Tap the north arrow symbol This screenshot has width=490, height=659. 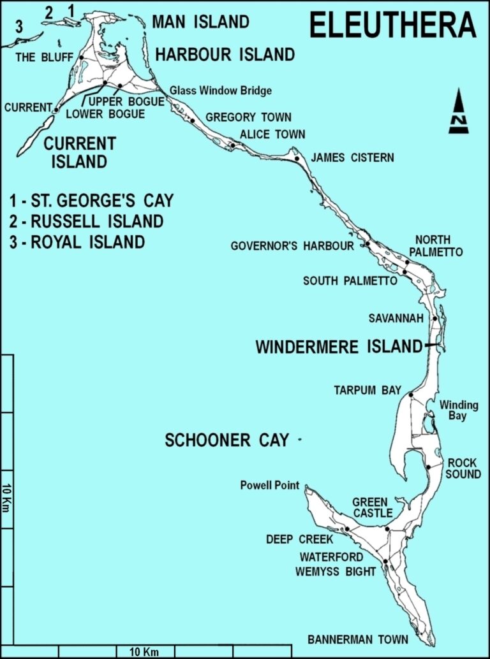(458, 112)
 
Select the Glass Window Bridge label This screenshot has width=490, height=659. (221, 91)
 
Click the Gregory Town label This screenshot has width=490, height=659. (248, 117)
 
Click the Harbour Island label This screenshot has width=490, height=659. (225, 55)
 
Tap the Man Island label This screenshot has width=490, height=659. (200, 22)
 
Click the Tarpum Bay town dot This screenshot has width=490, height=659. (411, 395)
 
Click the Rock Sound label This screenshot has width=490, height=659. (463, 468)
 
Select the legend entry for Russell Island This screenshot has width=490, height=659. (86, 222)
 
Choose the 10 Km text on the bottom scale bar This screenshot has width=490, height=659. (144, 651)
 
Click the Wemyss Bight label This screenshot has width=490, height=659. (336, 571)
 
